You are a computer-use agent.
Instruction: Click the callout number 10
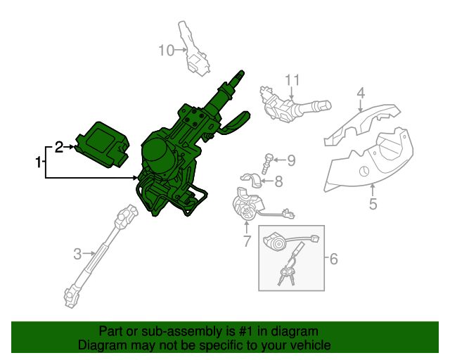pos(165,51)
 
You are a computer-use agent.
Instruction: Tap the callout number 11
pos(292,80)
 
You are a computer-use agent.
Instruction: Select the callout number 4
pos(360,93)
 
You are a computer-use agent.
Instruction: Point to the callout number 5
pos(373,205)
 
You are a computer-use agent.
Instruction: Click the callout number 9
pos(290,160)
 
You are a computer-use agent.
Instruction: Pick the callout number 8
pos(278,182)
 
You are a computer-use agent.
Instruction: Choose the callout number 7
pos(247,242)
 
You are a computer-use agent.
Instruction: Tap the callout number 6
pos(333,259)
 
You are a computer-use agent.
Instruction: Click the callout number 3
pos(78,252)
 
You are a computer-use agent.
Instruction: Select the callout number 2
pos(59,147)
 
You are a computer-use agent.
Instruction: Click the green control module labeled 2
pos(103,146)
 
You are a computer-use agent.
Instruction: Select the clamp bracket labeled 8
pos(251,181)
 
